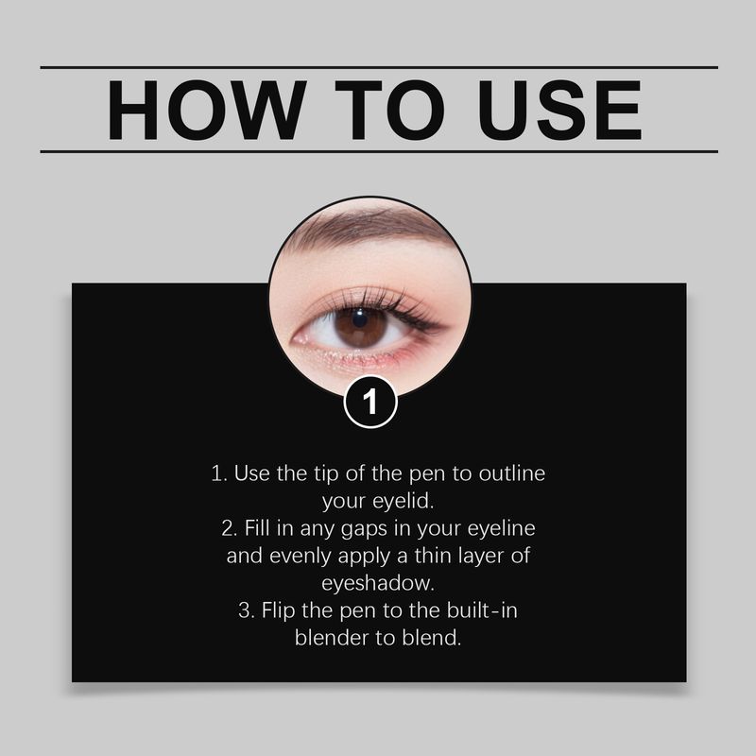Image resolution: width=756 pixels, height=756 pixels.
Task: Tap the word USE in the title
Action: (556, 111)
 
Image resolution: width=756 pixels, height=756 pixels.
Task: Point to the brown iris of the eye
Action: (361, 326)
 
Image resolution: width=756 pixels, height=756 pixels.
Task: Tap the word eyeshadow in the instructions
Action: (378, 582)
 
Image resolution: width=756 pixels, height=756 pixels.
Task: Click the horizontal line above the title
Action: (378, 67)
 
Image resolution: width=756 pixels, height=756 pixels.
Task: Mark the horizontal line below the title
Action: (378, 151)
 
